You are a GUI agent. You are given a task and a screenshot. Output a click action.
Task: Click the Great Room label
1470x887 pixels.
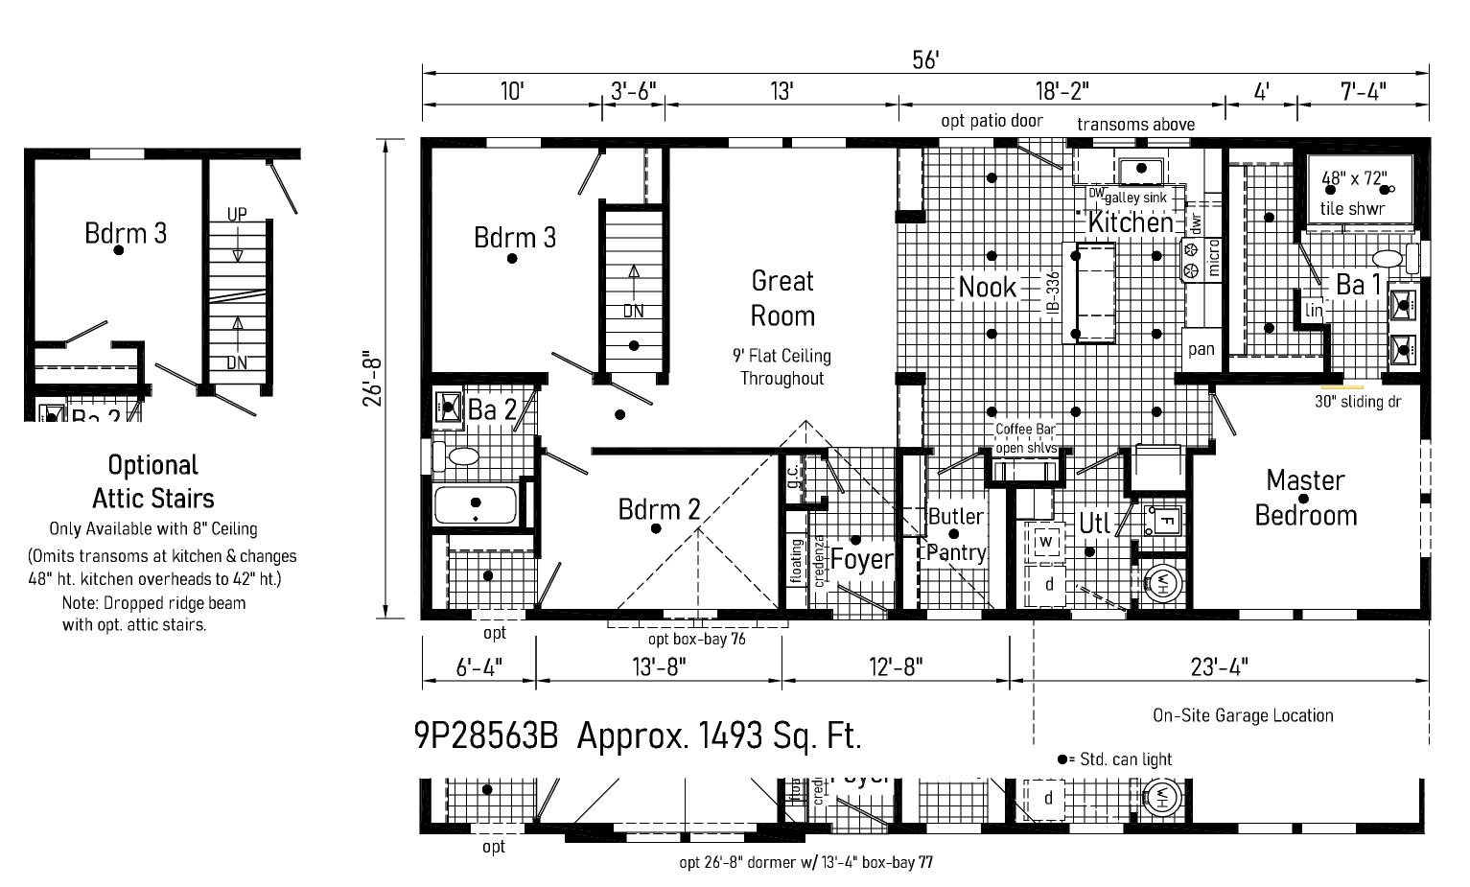(x=782, y=298)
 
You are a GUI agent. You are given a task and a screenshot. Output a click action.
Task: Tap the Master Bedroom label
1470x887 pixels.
(x=1305, y=498)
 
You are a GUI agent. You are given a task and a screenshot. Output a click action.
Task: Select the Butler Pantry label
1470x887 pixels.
(x=956, y=534)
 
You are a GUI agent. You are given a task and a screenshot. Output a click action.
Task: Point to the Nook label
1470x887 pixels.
(x=988, y=287)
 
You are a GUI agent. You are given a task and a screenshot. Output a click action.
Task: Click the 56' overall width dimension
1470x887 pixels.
(x=925, y=59)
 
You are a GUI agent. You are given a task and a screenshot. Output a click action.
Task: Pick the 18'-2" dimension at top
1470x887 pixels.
(x=1062, y=91)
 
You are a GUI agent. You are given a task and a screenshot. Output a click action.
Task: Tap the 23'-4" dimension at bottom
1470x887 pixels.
(x=1219, y=666)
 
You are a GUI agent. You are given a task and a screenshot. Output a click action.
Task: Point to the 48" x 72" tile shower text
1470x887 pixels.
(x=1353, y=178)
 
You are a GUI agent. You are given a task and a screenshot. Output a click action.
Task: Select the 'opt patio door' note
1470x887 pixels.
(x=992, y=121)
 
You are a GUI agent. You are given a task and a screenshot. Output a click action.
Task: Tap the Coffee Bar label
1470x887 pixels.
(x=1025, y=430)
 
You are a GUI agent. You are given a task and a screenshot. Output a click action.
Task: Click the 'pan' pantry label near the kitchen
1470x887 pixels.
(x=1202, y=349)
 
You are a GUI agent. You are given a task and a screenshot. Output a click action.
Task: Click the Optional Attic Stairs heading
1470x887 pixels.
(x=153, y=481)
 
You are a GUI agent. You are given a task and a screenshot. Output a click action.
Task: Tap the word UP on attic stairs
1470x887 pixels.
(x=237, y=214)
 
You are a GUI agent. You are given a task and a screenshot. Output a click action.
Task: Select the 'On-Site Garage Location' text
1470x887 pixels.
(x=1243, y=715)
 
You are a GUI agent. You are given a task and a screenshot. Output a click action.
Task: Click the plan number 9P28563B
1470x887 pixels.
(x=485, y=735)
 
